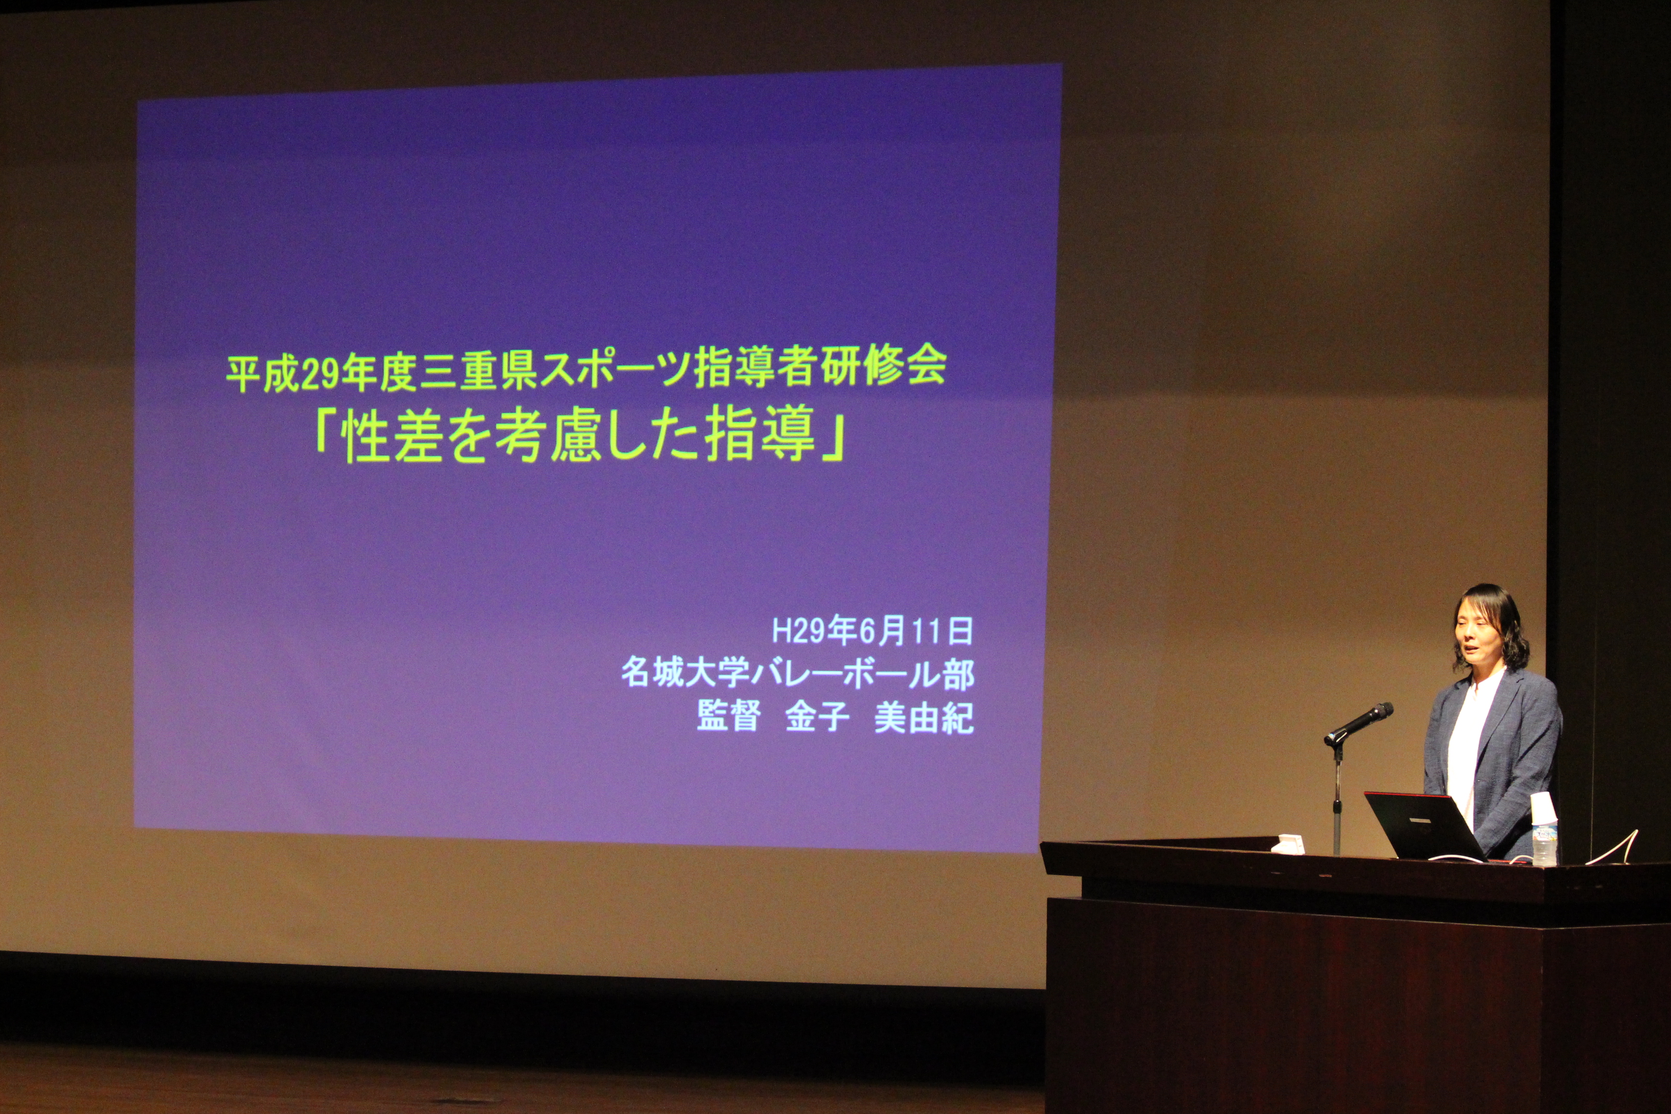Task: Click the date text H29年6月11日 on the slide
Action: tap(872, 631)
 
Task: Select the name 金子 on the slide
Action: tap(817, 718)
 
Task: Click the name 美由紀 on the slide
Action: tap(923, 718)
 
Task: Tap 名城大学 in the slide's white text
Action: tap(686, 674)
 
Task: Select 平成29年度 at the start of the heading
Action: tap(320, 374)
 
